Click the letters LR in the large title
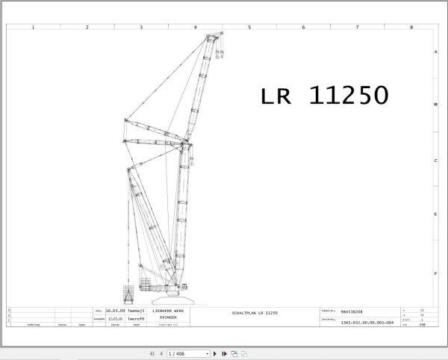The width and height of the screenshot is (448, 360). pyautogui.click(x=279, y=96)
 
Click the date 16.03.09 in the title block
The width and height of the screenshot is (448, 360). pyautogui.click(x=115, y=311)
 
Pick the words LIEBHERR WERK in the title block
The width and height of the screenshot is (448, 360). pyautogui.click(x=168, y=311)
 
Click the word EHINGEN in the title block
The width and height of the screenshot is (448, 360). pyautogui.click(x=168, y=317)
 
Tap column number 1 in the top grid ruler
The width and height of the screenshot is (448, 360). pyautogui.click(x=33, y=28)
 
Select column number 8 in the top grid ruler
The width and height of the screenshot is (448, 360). pyautogui.click(x=411, y=28)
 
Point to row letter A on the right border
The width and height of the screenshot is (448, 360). pyautogui.click(x=435, y=52)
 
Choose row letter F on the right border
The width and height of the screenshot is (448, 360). pyautogui.click(x=435, y=273)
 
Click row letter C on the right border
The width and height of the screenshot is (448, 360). pyautogui.click(x=435, y=161)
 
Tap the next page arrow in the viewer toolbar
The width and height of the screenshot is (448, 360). pyautogui.click(x=215, y=353)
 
